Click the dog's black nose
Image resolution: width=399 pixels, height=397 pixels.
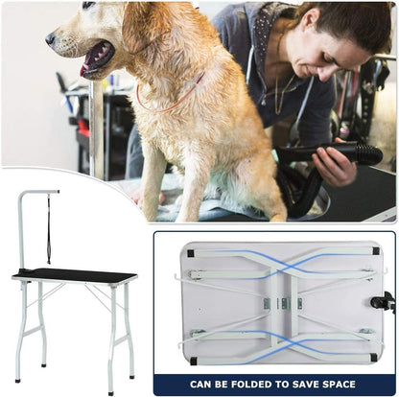point(50,39)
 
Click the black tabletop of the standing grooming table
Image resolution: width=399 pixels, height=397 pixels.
point(75,275)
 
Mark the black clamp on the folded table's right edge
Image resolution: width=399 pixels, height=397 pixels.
point(389,305)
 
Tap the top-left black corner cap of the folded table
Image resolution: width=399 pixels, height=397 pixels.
point(190,253)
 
